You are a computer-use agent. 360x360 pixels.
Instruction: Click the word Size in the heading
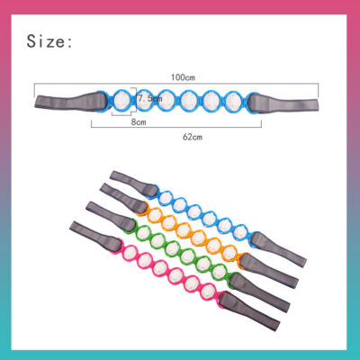(45, 41)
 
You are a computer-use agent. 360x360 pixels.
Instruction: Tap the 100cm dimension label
(183, 77)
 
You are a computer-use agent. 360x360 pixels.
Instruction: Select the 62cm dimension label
(193, 137)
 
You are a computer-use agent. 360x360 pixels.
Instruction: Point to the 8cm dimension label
(139, 122)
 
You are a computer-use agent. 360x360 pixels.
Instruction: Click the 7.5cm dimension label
(150, 98)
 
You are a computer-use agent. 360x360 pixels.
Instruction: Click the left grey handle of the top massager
(70, 102)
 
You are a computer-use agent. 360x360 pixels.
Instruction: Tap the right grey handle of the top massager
(283, 103)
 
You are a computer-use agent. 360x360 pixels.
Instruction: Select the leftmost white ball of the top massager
(122, 100)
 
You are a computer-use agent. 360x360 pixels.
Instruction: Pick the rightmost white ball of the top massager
(234, 101)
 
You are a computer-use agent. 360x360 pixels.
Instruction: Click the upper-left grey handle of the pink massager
(95, 235)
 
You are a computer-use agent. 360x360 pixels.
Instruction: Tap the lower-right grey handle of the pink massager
(249, 311)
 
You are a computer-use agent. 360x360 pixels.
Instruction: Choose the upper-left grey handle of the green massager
(111, 215)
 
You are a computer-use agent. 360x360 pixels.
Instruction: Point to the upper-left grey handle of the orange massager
(123, 198)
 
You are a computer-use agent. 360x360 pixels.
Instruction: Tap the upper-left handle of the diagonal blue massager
(134, 184)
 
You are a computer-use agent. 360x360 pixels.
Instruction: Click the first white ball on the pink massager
(130, 251)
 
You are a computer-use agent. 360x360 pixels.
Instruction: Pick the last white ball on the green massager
(220, 272)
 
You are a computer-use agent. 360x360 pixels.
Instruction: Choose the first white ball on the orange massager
(154, 214)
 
